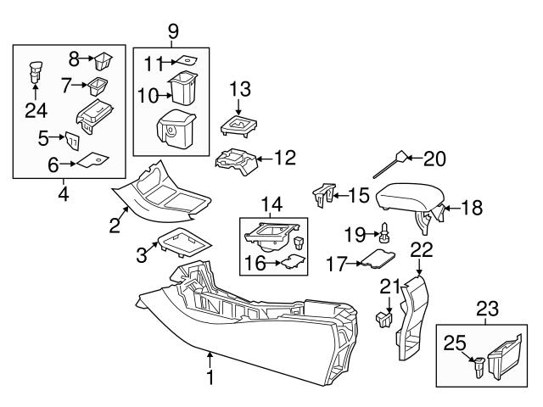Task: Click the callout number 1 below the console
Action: (210, 375)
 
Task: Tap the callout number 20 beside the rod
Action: (434, 158)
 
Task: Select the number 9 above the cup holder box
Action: (172, 32)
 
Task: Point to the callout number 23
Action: (487, 309)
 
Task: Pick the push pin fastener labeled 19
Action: (383, 230)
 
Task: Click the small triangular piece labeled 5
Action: (74, 139)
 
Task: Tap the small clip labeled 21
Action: (383, 320)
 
